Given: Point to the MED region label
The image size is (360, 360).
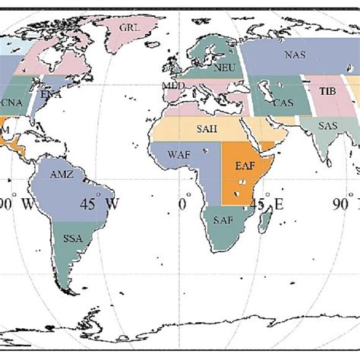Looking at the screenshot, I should (x=174, y=87).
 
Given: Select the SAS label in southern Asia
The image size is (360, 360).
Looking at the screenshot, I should (x=328, y=125).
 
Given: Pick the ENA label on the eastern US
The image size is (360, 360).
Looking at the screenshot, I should (x=52, y=95).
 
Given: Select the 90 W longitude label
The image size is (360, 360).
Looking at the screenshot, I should (x=15, y=204).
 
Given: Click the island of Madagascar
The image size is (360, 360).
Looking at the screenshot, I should (x=266, y=222).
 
